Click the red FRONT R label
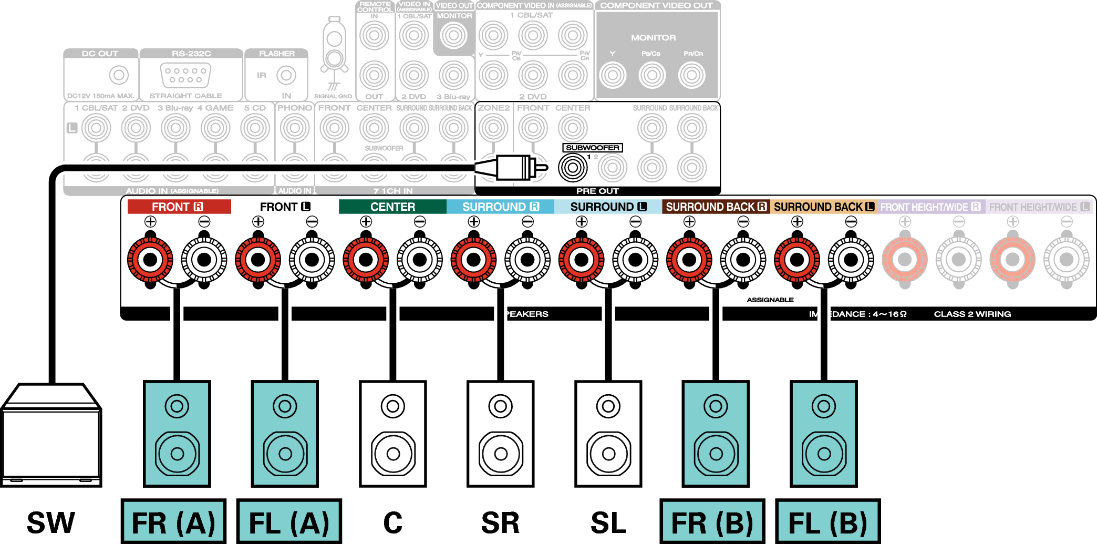tap(179, 207)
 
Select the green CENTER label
tap(392, 207)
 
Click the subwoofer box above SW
tap(51, 436)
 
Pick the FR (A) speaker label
tap(173, 522)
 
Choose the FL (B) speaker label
tap(827, 522)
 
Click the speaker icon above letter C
tap(392, 434)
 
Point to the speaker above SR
tap(501, 434)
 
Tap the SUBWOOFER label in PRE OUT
tap(592, 148)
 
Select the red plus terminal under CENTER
tap(366, 259)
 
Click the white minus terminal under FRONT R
tap(204, 259)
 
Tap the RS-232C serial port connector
tap(185, 75)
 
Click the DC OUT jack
tap(119, 75)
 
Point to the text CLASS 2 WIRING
tap(972, 314)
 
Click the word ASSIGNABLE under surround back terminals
tap(770, 300)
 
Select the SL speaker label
tap(608, 522)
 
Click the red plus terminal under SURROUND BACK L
tap(797, 259)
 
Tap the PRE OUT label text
tap(597, 191)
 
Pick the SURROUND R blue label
tap(500, 207)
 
